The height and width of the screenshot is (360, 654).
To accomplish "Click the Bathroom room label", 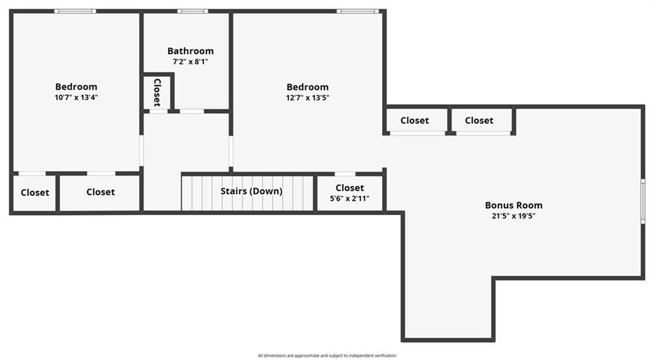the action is click(x=190, y=51).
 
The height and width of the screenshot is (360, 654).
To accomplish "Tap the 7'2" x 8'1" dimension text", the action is click(x=190, y=62).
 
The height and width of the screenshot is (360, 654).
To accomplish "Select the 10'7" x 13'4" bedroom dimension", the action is click(x=77, y=98).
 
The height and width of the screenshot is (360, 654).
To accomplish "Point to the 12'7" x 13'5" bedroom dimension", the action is click(x=307, y=98).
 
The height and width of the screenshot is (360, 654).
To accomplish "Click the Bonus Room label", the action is click(x=513, y=205).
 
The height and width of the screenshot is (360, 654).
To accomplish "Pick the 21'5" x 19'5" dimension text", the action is click(x=513, y=216).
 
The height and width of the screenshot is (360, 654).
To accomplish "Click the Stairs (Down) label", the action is click(x=252, y=191).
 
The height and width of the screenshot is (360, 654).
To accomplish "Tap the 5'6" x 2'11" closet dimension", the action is click(x=349, y=199).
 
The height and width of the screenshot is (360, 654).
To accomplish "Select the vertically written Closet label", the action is click(x=157, y=92).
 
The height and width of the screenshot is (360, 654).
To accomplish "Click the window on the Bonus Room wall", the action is click(x=643, y=201).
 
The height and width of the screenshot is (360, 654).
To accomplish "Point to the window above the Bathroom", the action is click(x=193, y=11).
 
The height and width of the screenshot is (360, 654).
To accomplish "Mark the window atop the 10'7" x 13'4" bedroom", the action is click(x=75, y=11).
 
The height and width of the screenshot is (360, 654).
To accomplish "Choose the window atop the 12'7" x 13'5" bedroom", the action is click(x=358, y=11).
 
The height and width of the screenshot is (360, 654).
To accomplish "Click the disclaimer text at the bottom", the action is click(x=327, y=356).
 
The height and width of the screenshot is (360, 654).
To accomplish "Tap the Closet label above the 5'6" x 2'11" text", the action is click(x=349, y=188).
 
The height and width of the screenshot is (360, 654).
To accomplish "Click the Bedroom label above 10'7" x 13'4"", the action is click(x=77, y=87).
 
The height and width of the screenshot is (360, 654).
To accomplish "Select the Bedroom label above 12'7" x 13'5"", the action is click(x=307, y=87).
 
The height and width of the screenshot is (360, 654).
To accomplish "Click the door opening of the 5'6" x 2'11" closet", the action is click(x=345, y=174).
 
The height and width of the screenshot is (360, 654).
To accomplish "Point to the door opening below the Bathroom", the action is click(x=192, y=111).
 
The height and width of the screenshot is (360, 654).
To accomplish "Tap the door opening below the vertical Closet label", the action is click(x=158, y=111).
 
